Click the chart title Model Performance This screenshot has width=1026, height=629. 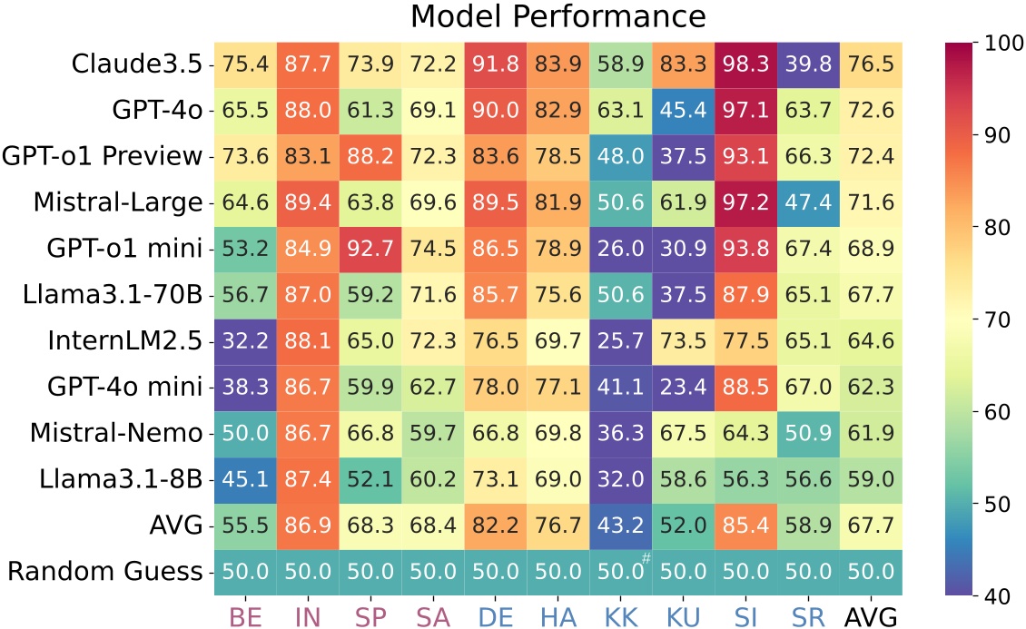click(x=557, y=17)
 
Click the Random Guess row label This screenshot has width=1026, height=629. click(x=105, y=572)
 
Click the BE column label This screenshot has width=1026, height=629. click(x=244, y=614)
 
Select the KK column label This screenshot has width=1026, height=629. click(x=620, y=614)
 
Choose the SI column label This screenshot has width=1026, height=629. click(x=746, y=614)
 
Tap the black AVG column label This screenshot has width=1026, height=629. click(x=872, y=614)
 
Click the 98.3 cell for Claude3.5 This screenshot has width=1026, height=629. click(x=746, y=64)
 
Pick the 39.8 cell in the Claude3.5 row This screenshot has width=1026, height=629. click(x=809, y=64)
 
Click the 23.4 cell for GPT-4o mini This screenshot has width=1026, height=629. click(x=684, y=388)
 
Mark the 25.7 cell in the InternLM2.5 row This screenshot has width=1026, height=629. click(x=621, y=341)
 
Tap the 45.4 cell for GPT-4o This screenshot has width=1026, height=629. click(x=684, y=111)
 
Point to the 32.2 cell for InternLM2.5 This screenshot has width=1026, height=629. click(x=244, y=341)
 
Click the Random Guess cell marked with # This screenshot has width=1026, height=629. click(x=621, y=572)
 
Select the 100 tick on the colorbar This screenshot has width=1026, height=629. click(x=1000, y=43)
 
